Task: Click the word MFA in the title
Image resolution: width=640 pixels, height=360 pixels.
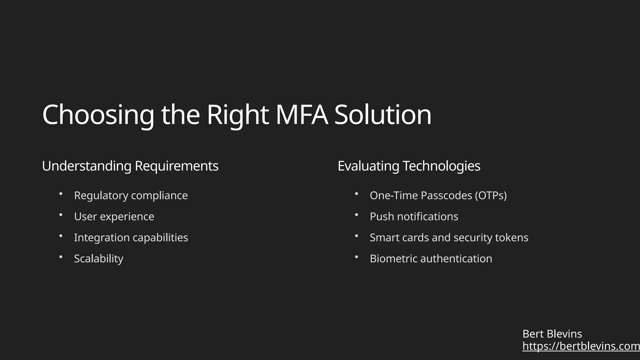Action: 302,115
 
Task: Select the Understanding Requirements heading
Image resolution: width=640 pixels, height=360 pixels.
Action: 130,166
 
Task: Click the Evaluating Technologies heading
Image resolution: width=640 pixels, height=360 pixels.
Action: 409,166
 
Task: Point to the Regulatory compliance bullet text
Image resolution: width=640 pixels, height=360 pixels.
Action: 131,196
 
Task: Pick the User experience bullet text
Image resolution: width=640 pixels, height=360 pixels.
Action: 114,217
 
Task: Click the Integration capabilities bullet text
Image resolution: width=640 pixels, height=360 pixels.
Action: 131,238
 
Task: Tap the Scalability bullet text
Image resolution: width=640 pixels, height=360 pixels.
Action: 98,259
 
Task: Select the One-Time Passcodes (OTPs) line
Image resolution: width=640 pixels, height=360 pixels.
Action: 438,196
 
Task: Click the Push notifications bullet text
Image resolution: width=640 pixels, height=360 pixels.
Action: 414,217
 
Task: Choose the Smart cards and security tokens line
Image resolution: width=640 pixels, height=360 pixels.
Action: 449,238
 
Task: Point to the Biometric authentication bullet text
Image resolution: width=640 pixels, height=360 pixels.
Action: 431,259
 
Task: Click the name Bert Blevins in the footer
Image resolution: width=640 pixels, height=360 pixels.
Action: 552,334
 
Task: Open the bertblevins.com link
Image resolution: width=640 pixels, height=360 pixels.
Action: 581,346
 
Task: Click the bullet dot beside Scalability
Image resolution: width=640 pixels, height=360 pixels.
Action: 61,257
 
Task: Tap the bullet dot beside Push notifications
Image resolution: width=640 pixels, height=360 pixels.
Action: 357,215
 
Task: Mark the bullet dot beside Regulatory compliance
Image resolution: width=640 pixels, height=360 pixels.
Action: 61,194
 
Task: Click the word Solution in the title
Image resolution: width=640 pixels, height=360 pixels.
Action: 383,115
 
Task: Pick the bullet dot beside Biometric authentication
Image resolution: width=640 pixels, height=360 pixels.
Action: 357,257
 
